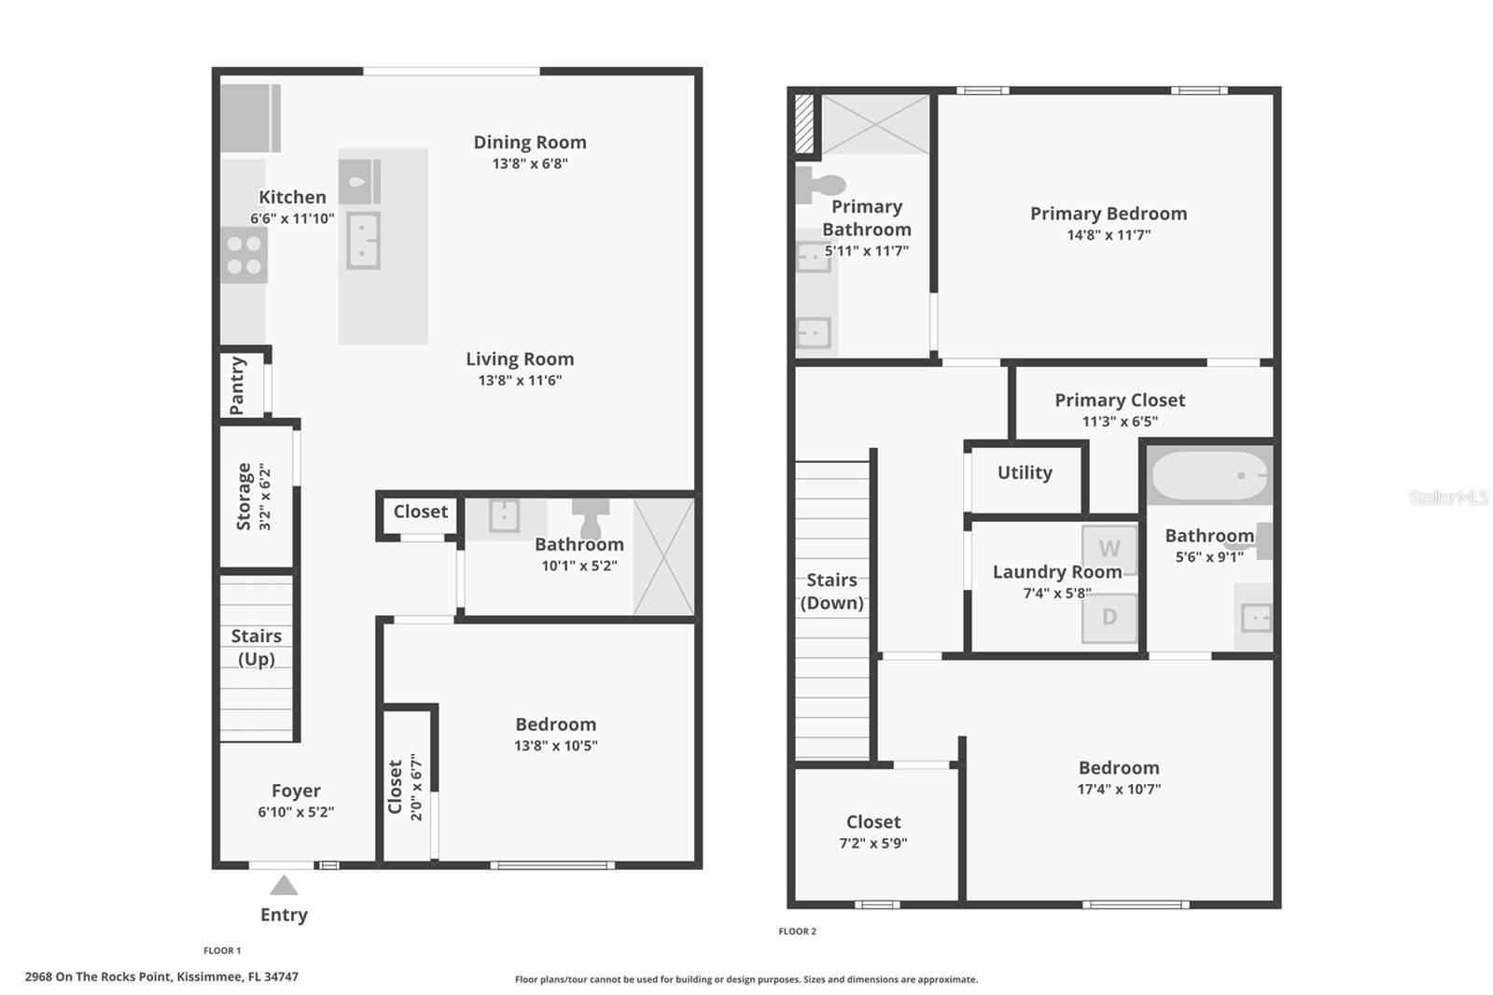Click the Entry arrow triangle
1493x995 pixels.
[284, 886]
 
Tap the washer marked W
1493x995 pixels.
[1109, 549]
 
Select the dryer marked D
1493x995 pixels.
[1109, 617]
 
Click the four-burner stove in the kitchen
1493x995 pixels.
[244, 255]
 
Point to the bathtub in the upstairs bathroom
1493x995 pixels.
[1209, 476]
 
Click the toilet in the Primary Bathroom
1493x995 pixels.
[818, 184]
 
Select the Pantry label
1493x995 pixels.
[237, 385]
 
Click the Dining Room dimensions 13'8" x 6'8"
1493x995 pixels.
[530, 163]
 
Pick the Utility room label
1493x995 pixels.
[1025, 472]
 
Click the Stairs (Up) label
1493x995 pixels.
[256, 647]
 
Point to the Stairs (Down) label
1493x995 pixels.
[831, 591]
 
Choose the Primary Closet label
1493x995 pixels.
[1120, 399]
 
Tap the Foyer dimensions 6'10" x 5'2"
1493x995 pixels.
[296, 812]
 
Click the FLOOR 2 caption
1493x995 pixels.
[797, 931]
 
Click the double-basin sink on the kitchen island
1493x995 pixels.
[363, 240]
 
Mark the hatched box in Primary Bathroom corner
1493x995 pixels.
[803, 123]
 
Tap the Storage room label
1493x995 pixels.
[244, 496]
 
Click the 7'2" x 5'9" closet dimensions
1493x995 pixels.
[873, 843]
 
